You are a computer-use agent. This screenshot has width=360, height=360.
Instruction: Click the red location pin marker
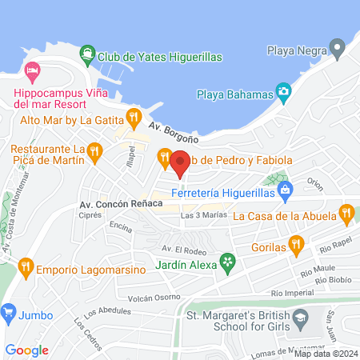coord(179,163)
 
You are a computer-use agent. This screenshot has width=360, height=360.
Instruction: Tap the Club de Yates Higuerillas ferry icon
coord(86,56)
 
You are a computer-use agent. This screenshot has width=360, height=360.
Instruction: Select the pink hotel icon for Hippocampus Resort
coord(32,72)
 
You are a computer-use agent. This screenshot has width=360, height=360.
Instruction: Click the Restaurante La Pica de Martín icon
coord(94,149)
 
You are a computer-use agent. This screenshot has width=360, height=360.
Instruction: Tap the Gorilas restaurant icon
coord(297,245)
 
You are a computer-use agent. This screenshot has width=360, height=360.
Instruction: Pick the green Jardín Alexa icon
coord(229,261)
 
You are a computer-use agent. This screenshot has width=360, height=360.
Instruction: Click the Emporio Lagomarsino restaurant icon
coord(26,266)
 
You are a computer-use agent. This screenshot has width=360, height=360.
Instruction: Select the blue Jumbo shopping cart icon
coord(10,310)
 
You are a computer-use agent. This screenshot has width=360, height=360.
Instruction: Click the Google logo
coord(27,350)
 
